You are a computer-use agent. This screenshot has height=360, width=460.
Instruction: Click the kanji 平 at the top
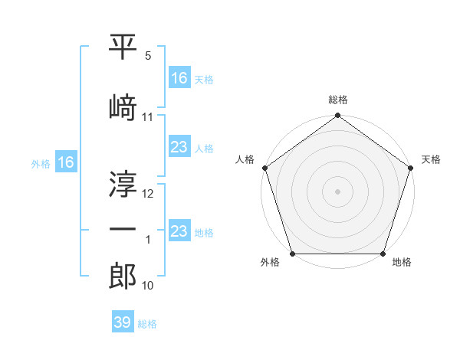(x=123, y=48)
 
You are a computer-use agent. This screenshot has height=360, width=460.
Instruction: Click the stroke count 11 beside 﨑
(x=148, y=117)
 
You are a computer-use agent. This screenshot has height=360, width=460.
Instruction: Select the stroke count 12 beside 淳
(x=148, y=194)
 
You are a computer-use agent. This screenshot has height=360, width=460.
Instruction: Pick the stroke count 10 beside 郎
(x=148, y=286)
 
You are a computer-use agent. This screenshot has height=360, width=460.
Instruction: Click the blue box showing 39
(x=122, y=322)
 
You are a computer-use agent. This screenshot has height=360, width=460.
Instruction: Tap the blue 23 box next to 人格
(x=179, y=148)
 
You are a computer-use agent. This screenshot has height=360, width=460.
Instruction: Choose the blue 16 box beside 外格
(x=65, y=162)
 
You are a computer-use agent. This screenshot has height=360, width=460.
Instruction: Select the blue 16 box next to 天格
(x=179, y=78)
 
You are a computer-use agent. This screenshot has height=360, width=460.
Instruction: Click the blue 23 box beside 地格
(x=179, y=232)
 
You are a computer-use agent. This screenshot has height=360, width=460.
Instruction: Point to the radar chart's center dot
(x=337, y=191)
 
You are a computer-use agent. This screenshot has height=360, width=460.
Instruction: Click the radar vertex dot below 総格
(x=337, y=116)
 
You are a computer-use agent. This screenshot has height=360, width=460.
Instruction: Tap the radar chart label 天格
(x=431, y=159)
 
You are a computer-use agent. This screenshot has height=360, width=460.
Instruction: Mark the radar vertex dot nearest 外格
(x=292, y=254)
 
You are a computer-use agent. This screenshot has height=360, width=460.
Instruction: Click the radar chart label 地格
(x=402, y=263)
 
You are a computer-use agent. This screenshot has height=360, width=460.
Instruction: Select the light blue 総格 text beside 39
(x=147, y=324)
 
